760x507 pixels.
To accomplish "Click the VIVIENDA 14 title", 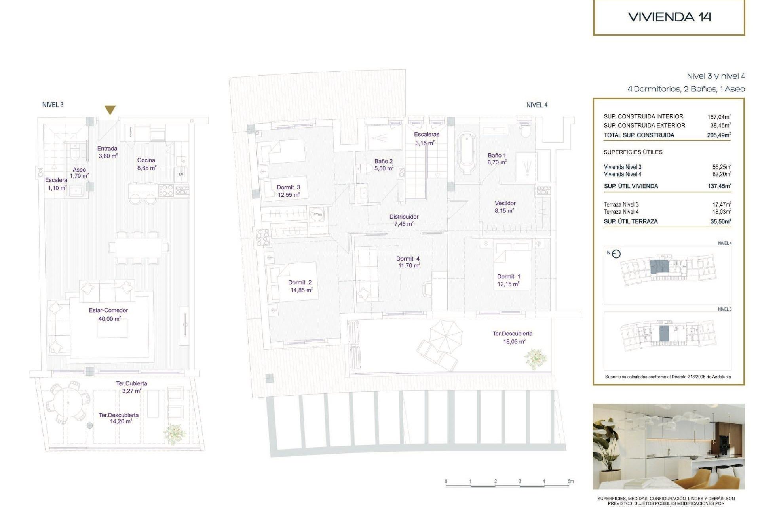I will coord(669,17).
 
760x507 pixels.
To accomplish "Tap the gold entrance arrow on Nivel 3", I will coord(110,110).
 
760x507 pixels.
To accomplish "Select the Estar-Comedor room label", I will coord(108,311).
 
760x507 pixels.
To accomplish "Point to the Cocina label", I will coord(146,160).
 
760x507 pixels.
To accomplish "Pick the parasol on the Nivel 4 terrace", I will coord(446,336).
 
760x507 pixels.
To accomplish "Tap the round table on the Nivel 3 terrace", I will coord(67,402).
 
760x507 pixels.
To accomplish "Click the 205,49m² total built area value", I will coord(719,135).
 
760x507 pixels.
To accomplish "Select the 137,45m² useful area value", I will coord(719,186).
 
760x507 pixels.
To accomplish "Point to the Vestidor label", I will coord(505,203).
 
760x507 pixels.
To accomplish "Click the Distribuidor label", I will coord(404,217).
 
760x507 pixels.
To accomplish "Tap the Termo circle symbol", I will coord(317,214).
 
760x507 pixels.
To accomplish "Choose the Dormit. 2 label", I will coord(300,282).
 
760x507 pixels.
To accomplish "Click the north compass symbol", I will coord(616,254).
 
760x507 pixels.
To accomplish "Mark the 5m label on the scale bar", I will coord(570,481).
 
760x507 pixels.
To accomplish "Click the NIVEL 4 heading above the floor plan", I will coord(537,105).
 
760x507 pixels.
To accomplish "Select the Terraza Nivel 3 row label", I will coord(621,204).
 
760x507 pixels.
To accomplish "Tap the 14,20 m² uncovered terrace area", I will coord(121,421).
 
